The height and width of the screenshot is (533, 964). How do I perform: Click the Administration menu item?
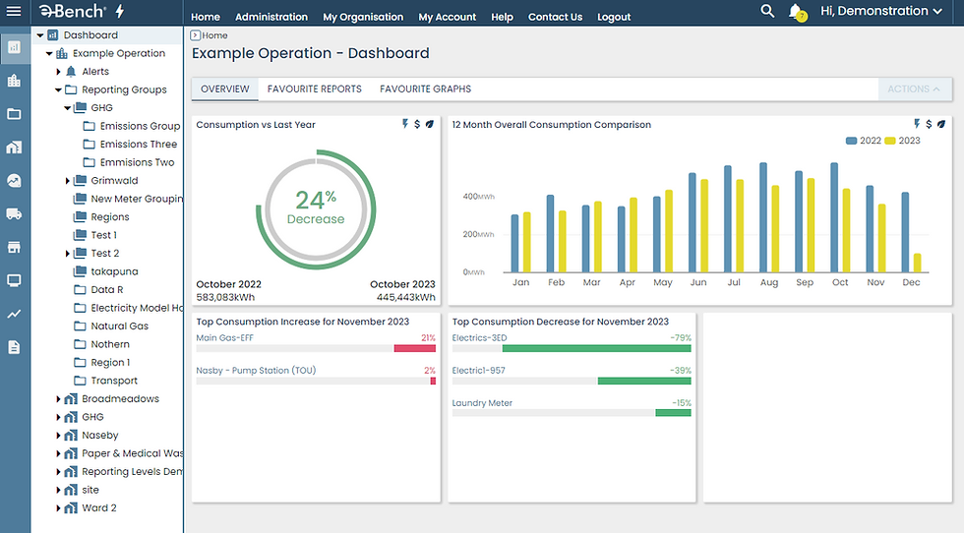click(271, 17)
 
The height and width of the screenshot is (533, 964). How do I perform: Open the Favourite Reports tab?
click(314, 89)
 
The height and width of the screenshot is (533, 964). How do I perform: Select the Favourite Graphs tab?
click(425, 89)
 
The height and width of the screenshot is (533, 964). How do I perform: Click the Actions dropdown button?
click(913, 89)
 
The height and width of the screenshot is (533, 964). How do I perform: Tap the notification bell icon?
click(796, 12)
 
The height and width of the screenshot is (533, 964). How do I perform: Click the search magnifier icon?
click(767, 11)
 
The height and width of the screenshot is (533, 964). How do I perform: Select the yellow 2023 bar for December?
click(917, 263)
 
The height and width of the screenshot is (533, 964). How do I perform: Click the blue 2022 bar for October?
click(834, 218)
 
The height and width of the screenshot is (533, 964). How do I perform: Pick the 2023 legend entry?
click(903, 141)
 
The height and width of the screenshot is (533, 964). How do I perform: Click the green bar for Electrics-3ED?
click(610, 348)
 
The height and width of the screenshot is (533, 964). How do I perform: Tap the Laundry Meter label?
click(482, 403)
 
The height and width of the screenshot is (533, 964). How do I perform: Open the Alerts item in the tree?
click(95, 72)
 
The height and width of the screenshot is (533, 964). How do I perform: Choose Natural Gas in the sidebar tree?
click(119, 326)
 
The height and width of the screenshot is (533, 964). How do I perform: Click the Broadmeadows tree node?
click(120, 399)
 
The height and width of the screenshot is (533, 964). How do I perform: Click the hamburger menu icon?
click(14, 12)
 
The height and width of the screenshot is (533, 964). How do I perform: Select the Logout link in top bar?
click(614, 17)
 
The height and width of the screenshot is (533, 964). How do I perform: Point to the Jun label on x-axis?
click(698, 282)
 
